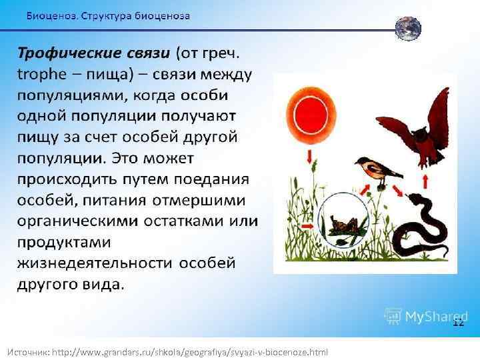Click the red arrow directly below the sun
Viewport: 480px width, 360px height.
click(x=309, y=157)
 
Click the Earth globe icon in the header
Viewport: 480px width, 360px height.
click(x=407, y=29)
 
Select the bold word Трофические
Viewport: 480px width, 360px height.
click(x=93, y=53)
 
